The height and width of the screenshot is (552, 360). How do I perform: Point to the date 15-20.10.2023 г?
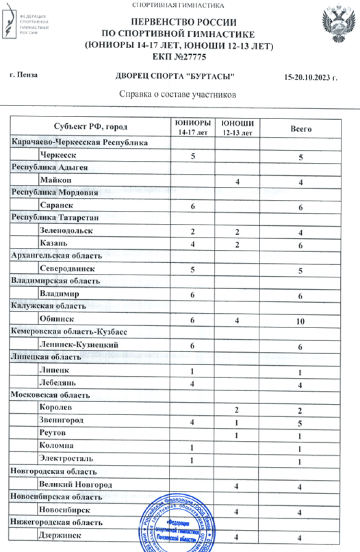tap(311, 77)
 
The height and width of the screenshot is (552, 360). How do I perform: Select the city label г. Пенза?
tap(24, 75)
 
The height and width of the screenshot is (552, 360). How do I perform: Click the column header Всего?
tap(301, 129)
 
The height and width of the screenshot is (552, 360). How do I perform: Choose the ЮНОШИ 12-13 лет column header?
tap(237, 128)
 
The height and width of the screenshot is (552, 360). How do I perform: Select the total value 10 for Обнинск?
tap(300, 321)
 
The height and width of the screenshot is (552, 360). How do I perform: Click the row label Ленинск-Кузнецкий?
tap(79, 345)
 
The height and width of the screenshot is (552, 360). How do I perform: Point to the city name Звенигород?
tap(61, 420)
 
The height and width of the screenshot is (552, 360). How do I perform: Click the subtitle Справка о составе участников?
tap(177, 94)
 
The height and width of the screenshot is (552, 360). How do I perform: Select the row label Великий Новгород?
tap(76, 485)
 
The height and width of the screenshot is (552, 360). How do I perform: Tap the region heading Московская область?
tap(51, 395)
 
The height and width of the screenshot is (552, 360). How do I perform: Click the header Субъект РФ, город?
tap(90, 127)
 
